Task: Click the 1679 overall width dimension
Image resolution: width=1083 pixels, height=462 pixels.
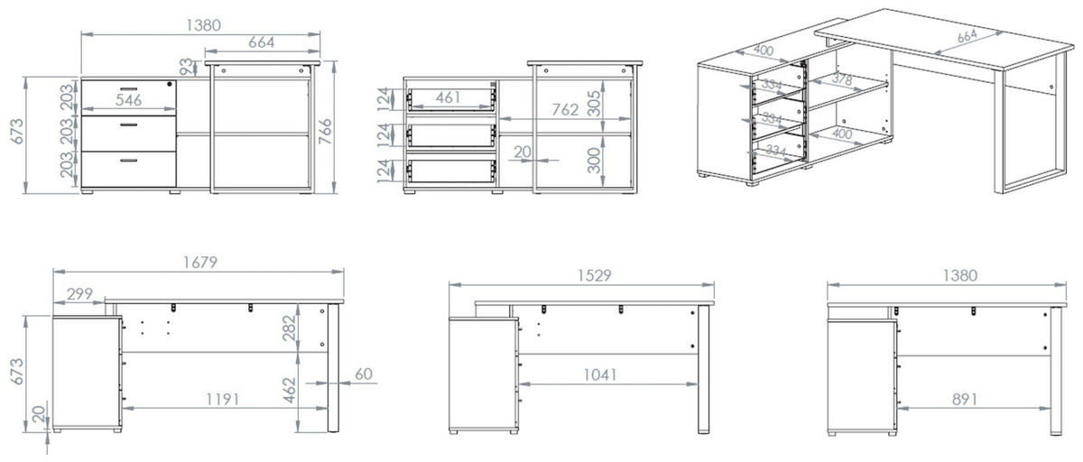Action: click(200, 263)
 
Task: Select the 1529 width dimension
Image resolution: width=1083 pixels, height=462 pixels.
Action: click(594, 275)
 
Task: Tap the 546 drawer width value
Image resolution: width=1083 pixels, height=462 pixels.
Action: click(128, 100)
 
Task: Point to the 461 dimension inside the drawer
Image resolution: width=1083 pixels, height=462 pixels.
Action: click(448, 97)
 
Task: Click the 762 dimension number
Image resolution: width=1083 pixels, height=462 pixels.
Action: click(565, 110)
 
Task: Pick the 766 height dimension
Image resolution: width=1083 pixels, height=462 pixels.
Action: click(326, 131)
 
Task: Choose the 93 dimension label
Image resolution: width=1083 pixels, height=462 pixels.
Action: click(186, 67)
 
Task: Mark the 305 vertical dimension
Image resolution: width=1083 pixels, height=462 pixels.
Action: click(594, 104)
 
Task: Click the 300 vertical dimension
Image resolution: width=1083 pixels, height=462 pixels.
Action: click(594, 161)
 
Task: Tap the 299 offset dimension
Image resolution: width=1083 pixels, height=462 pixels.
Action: click(79, 294)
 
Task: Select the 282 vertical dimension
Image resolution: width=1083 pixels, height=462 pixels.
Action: click(289, 328)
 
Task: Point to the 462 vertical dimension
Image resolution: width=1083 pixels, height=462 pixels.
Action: click(289, 391)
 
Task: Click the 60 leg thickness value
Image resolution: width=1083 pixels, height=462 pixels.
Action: click(364, 374)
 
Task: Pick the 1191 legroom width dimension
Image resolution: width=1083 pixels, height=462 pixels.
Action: click(223, 399)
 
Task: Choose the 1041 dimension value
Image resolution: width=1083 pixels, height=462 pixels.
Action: click(600, 374)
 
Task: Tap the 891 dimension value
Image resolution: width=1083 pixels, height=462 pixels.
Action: click(965, 399)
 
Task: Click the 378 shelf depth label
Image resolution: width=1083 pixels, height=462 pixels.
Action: click(842, 79)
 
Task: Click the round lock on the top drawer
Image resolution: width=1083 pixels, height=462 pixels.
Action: click(170, 84)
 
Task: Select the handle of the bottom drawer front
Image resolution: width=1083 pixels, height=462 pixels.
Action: click(128, 161)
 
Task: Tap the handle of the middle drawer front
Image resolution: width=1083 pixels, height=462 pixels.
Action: click(128, 125)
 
